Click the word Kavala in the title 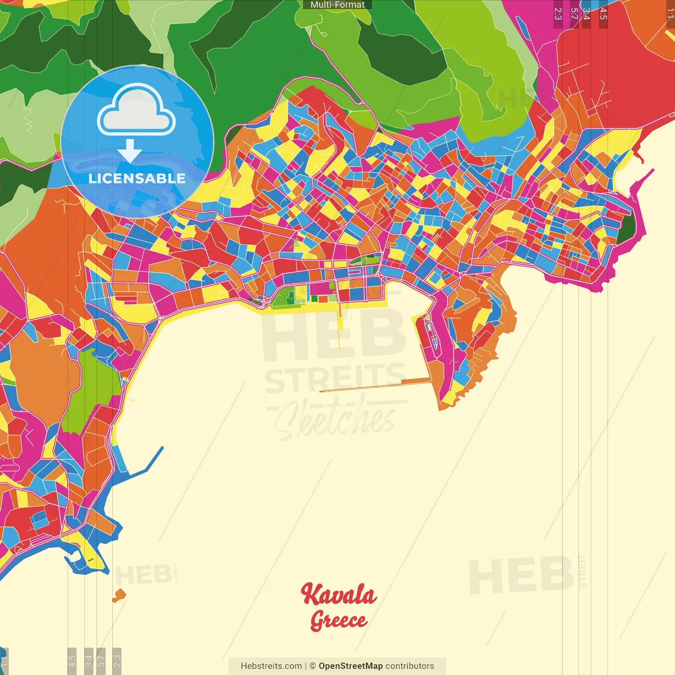tap(339, 595)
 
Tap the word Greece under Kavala tap(339, 620)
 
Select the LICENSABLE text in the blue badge tap(137, 178)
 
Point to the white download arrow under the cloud tap(130, 151)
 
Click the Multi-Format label tap(337, 5)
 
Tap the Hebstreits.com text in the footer tap(271, 666)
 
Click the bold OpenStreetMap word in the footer tap(351, 666)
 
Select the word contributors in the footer tap(410, 666)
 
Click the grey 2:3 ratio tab tap(117, 660)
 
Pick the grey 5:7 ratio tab tap(101, 660)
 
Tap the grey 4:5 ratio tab tap(72, 660)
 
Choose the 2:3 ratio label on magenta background tap(558, 13)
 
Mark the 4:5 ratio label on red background tap(603, 13)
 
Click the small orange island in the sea tap(120, 595)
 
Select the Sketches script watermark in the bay tap(335, 419)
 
